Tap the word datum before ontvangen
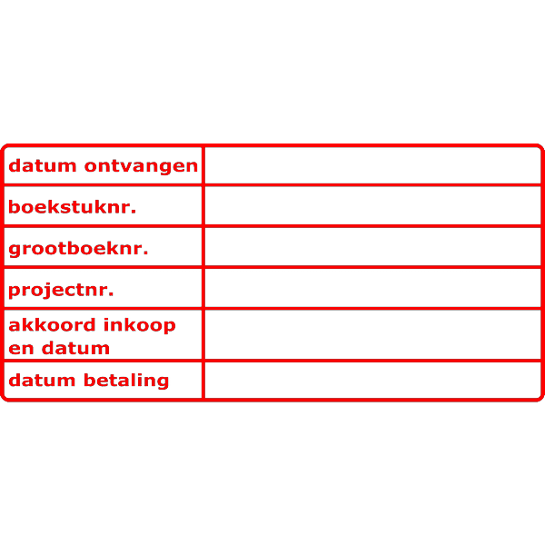pos(44,166)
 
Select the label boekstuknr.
pos(72,207)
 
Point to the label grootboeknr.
pos(78,248)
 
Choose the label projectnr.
pos(61,290)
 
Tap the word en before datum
pos(18,348)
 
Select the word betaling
pos(126,381)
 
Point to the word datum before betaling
pos(44,381)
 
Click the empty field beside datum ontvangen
pos(372,166)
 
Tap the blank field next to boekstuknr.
pos(372,206)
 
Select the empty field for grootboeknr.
pos(372,247)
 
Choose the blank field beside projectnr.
pos(372,289)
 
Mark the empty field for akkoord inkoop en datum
pos(372,334)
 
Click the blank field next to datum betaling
pos(372,381)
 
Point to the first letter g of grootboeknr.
pos(15,250)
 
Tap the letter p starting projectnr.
pos(15,292)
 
